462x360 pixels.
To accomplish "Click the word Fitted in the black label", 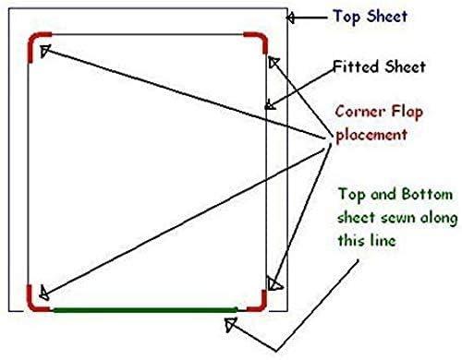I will pos(353,66).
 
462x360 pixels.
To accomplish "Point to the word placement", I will pos(371,134).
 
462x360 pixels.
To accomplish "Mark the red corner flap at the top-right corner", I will pos(258,42).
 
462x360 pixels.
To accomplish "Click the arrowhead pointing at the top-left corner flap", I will pos(42,51).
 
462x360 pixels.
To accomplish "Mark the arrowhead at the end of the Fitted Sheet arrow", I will pos(269,105).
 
